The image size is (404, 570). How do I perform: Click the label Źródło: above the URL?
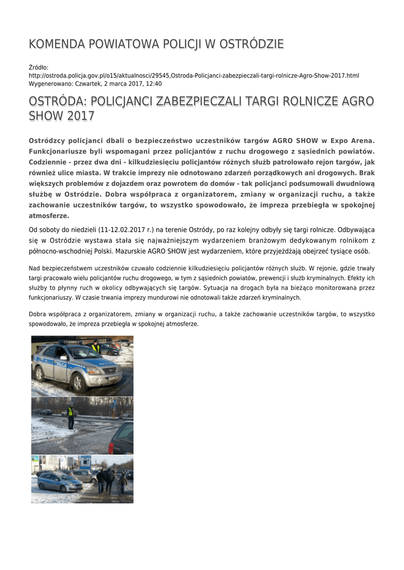[x=39, y=67]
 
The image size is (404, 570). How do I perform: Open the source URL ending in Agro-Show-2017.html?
[x=194, y=76]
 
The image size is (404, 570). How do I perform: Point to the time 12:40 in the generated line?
[x=154, y=83]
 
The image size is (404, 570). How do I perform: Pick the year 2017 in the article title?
[x=80, y=116]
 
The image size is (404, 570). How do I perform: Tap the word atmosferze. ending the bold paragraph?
[x=49, y=216]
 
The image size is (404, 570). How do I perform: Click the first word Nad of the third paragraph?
[x=35, y=269]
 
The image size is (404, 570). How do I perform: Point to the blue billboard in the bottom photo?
[x=85, y=462]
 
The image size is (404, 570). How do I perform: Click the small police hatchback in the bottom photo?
[x=59, y=482]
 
